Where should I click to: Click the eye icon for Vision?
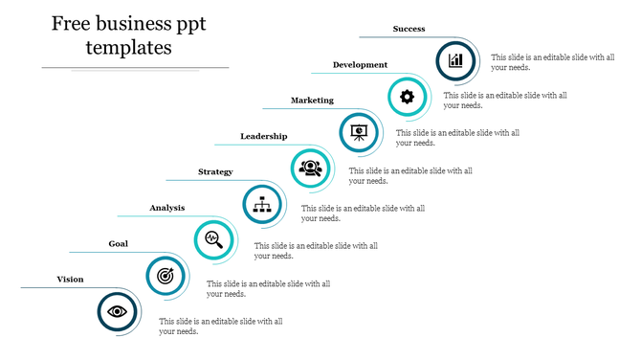point(118,311)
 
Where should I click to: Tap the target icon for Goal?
point(166,276)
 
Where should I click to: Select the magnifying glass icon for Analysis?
point(213,239)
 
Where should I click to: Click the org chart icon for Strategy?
point(261,203)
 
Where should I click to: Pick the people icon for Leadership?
point(310,168)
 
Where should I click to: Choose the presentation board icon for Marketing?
point(359,131)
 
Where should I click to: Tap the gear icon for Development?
point(407,96)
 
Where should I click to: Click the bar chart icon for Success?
point(455,59)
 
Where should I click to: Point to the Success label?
point(409,29)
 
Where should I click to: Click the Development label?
point(360,65)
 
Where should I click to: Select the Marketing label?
point(312,101)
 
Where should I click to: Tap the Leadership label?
point(263,137)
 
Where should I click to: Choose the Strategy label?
point(215,172)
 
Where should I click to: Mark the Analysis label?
point(166,208)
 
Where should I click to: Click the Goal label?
point(118,244)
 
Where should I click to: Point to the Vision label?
point(70,280)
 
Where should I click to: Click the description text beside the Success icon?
point(552,62)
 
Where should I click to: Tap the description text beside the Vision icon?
point(220,326)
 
